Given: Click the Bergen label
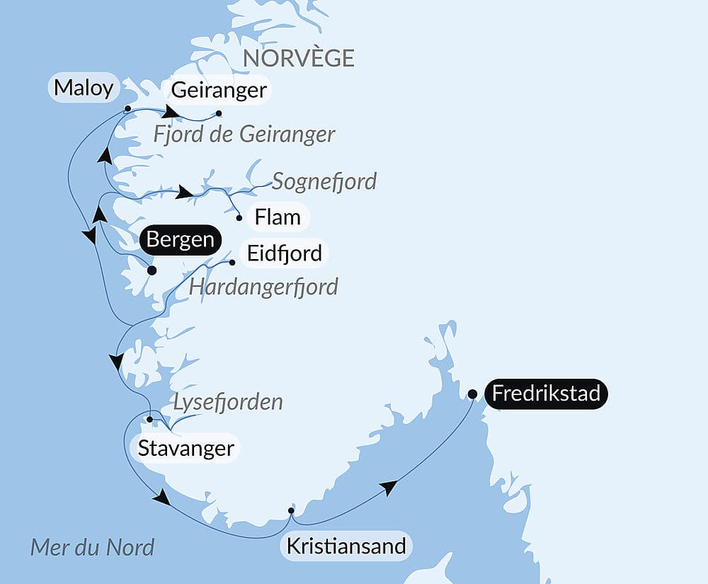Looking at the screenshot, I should click(181, 240).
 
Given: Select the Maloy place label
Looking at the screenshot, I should click(83, 88).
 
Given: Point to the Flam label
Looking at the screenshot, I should click(278, 217).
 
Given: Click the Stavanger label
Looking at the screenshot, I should click(185, 448).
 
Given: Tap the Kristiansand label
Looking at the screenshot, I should click(346, 546).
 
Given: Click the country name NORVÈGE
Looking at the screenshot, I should click(298, 58).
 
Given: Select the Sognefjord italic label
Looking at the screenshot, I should click(324, 181).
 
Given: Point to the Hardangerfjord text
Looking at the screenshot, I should click(263, 287).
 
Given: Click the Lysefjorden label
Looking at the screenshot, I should click(228, 402).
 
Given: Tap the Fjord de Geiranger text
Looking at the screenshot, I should click(244, 134).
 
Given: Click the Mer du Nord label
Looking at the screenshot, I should click(92, 547).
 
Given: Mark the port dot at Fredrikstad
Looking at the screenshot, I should click(472, 394).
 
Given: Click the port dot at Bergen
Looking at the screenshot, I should click(151, 270).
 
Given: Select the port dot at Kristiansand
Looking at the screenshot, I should click(291, 510).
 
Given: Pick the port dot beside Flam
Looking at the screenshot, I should click(239, 218).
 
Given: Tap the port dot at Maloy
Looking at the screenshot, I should click(127, 109).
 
